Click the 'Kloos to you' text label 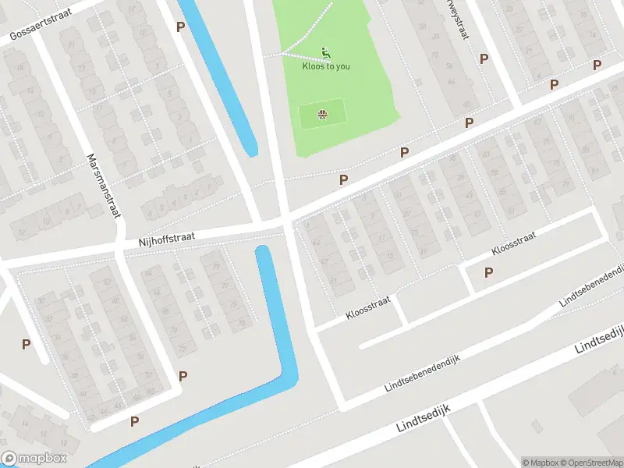coord(326,66)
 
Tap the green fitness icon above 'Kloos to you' coord(326,53)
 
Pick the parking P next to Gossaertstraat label coord(181,27)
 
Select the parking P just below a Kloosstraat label coord(489,272)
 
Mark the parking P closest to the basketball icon coord(343,179)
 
